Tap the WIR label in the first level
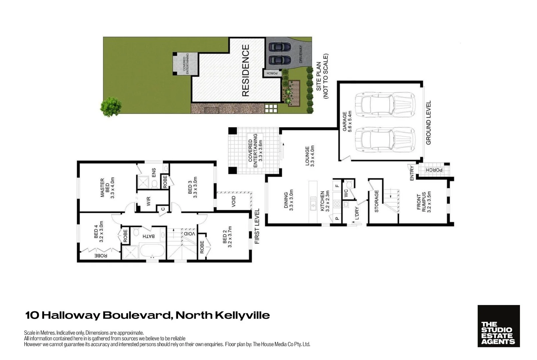click(149, 201)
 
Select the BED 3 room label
click(192, 187)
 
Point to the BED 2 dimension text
click(230, 237)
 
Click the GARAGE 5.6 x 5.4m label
click(347, 122)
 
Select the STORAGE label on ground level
click(376, 201)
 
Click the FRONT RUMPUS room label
click(424, 202)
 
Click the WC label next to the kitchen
click(346, 193)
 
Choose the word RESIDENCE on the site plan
click(245, 71)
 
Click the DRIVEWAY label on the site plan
click(300, 54)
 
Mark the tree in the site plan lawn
click(110, 106)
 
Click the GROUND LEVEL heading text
click(429, 123)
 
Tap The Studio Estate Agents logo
click(498, 326)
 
